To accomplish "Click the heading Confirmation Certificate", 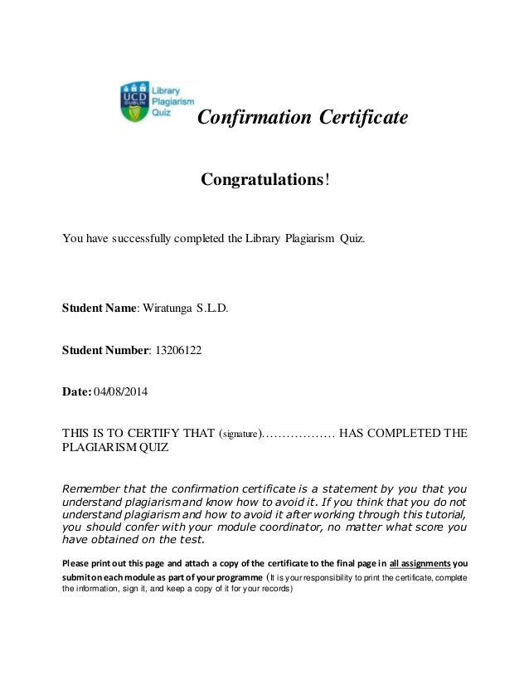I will tap(303, 118).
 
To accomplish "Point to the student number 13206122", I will tap(179, 350).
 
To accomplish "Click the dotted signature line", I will tap(299, 433).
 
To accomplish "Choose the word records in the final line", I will tap(274, 590).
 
